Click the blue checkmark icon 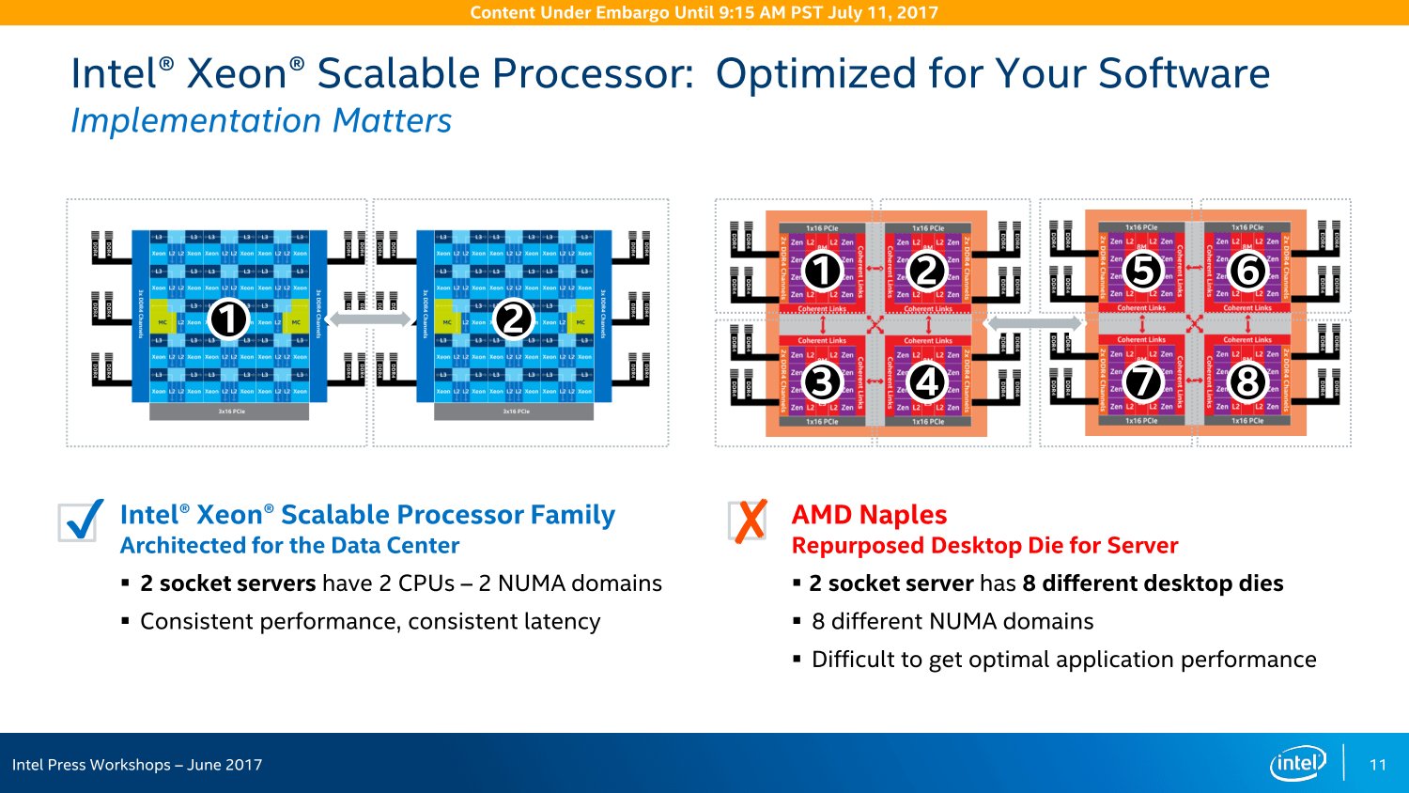(81, 521)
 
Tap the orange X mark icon (750, 521)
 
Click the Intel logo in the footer (1297, 763)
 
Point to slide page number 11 (1378, 765)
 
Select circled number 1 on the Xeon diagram (228, 319)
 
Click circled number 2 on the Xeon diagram (513, 319)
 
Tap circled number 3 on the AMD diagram (822, 382)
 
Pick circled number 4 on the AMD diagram (927, 382)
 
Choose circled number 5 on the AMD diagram (1142, 271)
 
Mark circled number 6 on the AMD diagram (1247, 271)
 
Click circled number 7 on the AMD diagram (1142, 382)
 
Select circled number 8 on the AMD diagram (1247, 382)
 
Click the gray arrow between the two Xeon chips (370, 319)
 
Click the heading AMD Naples (869, 515)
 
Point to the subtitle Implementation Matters (261, 121)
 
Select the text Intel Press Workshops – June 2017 (137, 765)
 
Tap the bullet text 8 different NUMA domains (952, 621)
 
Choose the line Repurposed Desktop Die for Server (984, 546)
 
